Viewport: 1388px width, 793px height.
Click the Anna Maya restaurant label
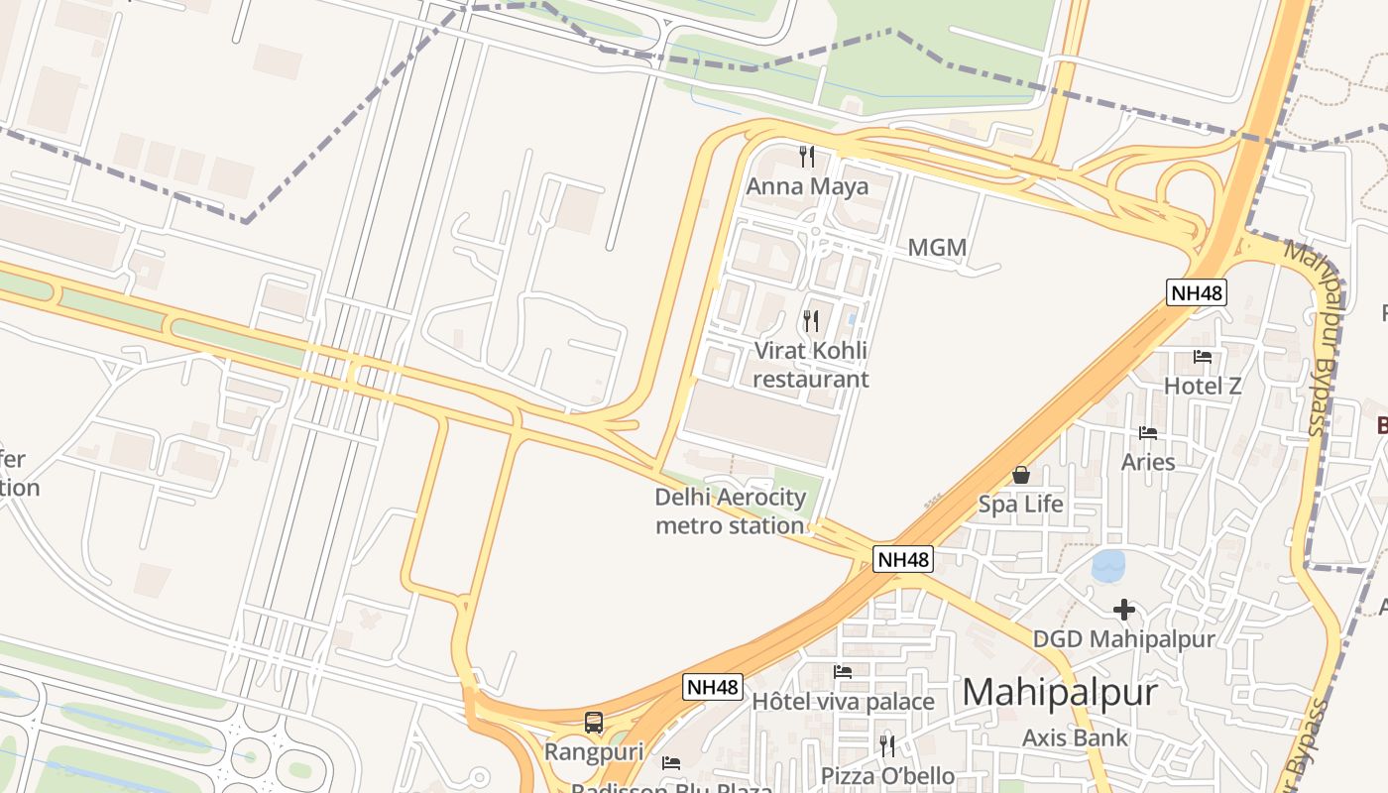coord(807,186)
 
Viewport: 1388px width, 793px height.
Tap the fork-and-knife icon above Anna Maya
coord(807,157)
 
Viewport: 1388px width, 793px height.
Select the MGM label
coord(937,247)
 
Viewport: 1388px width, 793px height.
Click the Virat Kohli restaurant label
coord(811,365)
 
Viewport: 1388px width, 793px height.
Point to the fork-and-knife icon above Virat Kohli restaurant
coord(811,320)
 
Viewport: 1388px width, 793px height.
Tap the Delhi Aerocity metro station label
coord(730,510)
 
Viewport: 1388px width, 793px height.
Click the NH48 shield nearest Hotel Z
coord(1197,292)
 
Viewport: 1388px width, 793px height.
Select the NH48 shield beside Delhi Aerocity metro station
coord(903,559)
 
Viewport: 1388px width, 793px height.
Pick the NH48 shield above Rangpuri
coord(713,687)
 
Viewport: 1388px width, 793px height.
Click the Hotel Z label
coord(1203,386)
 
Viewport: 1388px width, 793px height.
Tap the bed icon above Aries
coord(1148,432)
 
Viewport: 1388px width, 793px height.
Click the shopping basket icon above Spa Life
coord(1020,475)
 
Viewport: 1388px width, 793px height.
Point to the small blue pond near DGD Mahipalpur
coord(1108,566)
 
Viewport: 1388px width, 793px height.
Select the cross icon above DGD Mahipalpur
coord(1123,610)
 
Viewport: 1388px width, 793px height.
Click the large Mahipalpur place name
coord(1060,692)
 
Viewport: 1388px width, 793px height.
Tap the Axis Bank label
coord(1076,736)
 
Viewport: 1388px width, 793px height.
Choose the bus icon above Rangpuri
coord(594,723)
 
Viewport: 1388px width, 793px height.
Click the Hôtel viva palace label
coord(843,702)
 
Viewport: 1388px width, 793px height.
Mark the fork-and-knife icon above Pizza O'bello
coord(887,745)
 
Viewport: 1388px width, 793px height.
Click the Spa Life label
coord(1020,505)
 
